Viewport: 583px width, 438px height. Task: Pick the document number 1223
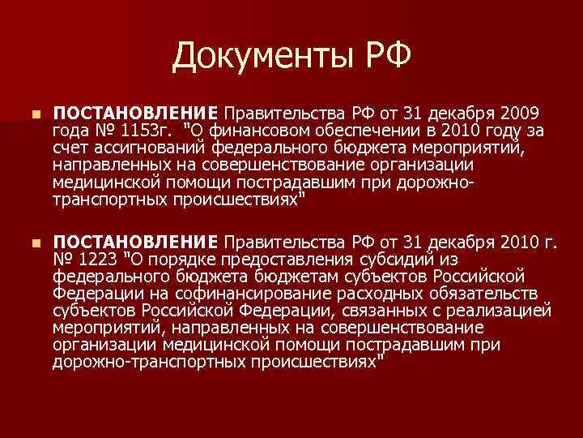pos(96,260)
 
